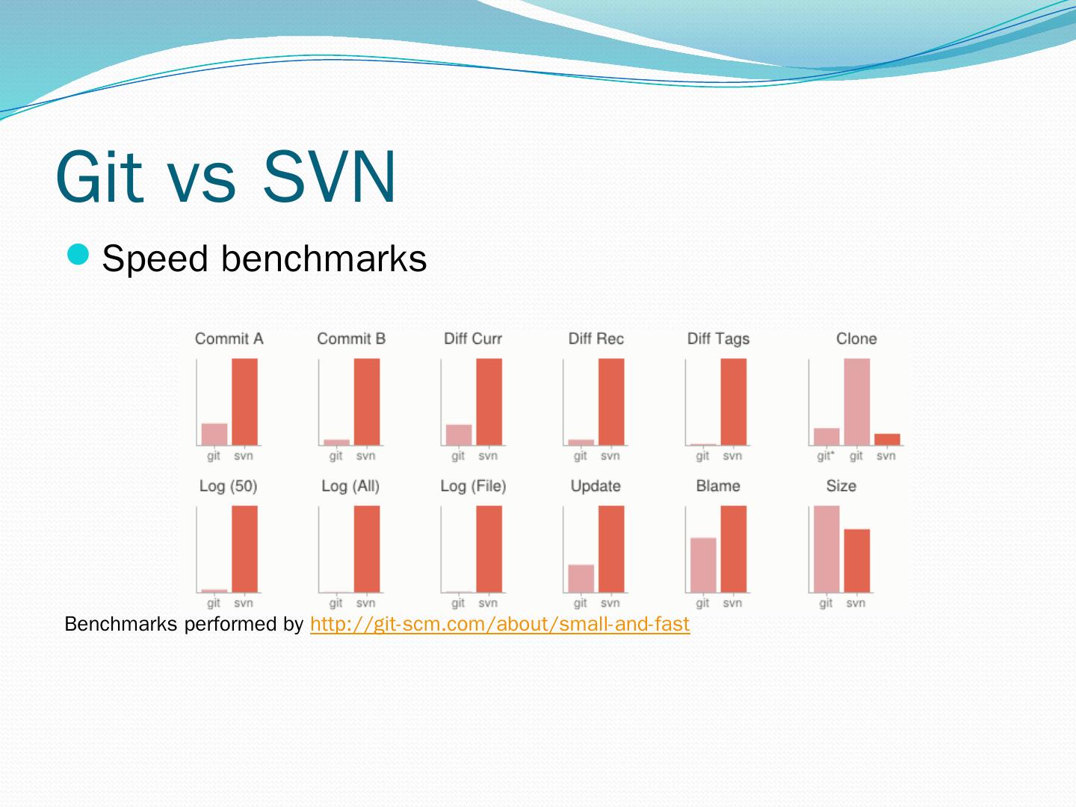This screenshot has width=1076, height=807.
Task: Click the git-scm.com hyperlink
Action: (499, 624)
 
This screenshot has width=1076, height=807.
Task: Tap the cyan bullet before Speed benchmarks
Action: (78, 256)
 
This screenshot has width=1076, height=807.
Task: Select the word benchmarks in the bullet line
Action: (324, 259)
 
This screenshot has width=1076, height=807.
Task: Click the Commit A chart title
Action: (229, 338)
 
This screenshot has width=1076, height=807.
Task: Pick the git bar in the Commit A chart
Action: (214, 434)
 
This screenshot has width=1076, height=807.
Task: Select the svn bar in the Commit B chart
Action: (367, 402)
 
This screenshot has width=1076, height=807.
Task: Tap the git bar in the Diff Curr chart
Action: (459, 435)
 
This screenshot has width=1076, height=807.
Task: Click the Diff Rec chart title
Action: (596, 338)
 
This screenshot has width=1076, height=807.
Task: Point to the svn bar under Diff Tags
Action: (734, 402)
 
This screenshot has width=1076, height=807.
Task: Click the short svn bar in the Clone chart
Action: (887, 439)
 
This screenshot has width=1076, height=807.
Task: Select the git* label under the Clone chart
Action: (826, 456)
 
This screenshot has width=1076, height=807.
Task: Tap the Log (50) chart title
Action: (228, 486)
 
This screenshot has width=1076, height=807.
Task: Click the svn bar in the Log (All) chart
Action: (367, 549)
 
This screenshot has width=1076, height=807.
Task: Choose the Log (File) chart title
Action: (473, 486)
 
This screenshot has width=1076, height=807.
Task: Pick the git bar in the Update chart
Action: (581, 578)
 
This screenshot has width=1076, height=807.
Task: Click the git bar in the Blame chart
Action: (703, 565)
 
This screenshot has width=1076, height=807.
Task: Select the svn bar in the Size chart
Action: (857, 560)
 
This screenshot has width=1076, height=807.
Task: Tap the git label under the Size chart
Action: (826, 603)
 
